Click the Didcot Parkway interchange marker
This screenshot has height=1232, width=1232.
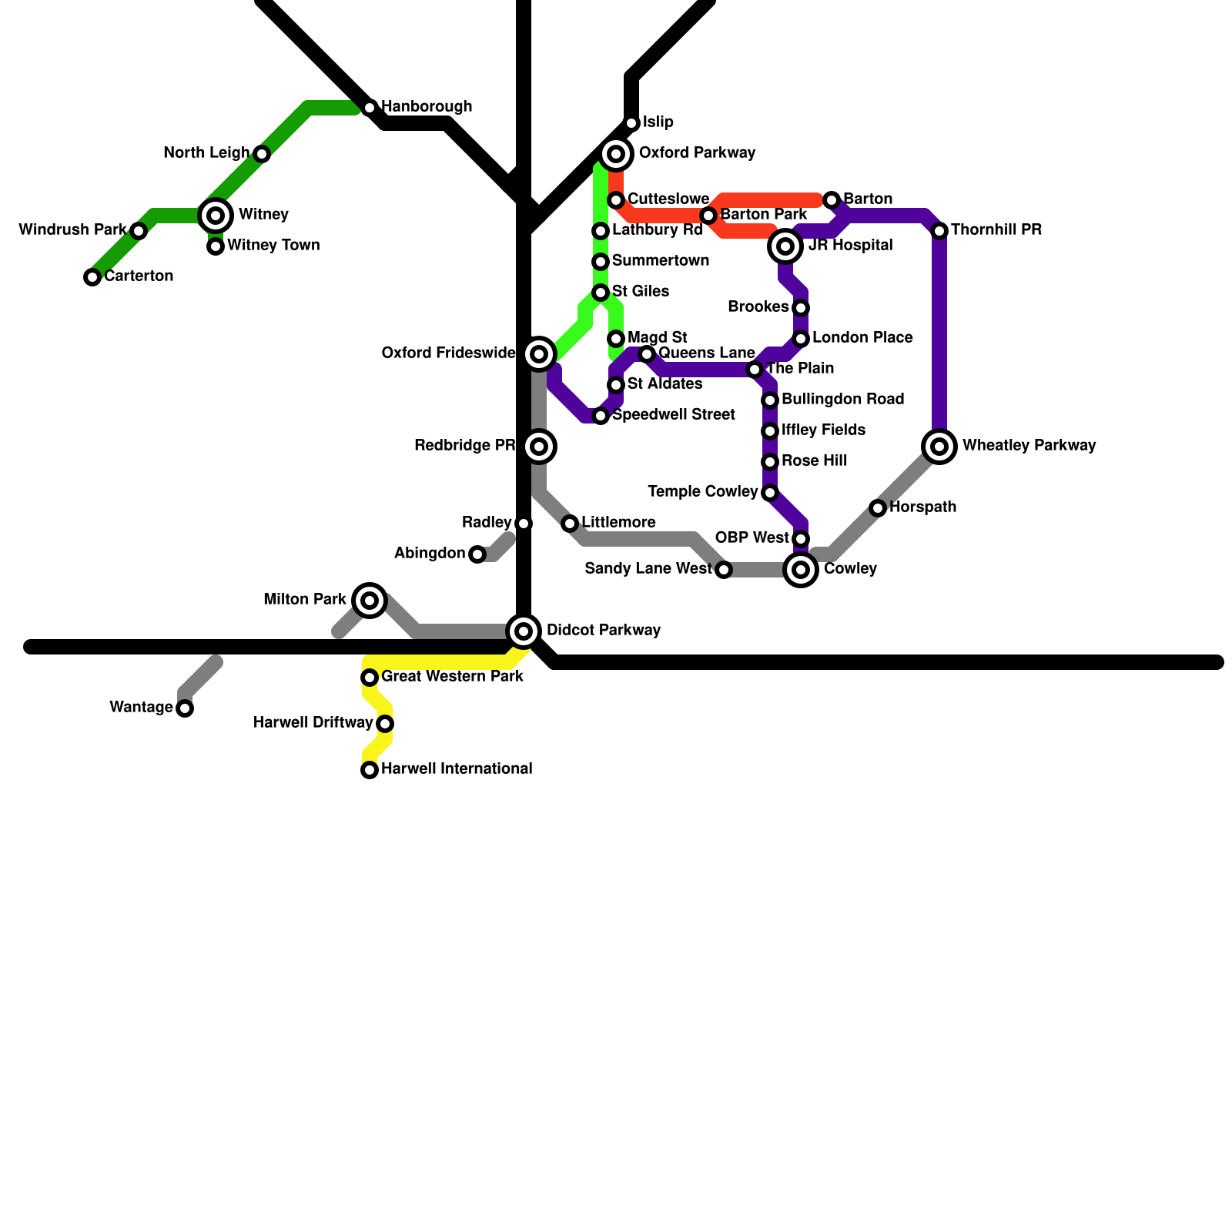tap(524, 631)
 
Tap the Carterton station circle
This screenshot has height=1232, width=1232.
tap(92, 277)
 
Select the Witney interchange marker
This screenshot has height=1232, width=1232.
tap(216, 216)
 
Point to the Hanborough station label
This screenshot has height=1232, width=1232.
tap(427, 107)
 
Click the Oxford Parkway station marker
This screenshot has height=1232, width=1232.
tap(616, 154)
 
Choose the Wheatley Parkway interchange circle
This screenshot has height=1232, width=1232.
tap(939, 447)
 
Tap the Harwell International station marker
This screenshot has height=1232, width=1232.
tap(370, 770)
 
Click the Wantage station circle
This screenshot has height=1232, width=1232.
tap(185, 708)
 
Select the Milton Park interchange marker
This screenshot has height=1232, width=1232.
tap(370, 601)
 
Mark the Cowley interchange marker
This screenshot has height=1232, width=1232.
tap(801, 570)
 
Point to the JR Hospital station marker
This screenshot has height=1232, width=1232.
tap(785, 246)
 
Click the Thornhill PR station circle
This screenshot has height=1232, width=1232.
tap(939, 231)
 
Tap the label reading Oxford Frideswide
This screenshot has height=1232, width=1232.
tap(448, 353)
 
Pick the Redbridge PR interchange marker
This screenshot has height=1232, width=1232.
tap(540, 447)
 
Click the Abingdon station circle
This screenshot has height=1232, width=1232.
tap(477, 554)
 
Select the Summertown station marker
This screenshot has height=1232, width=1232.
tap(601, 262)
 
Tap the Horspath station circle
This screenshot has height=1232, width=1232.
tap(878, 508)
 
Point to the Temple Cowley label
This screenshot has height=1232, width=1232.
tap(703, 492)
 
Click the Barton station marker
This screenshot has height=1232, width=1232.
tap(832, 200)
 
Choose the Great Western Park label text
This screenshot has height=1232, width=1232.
tap(453, 677)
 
